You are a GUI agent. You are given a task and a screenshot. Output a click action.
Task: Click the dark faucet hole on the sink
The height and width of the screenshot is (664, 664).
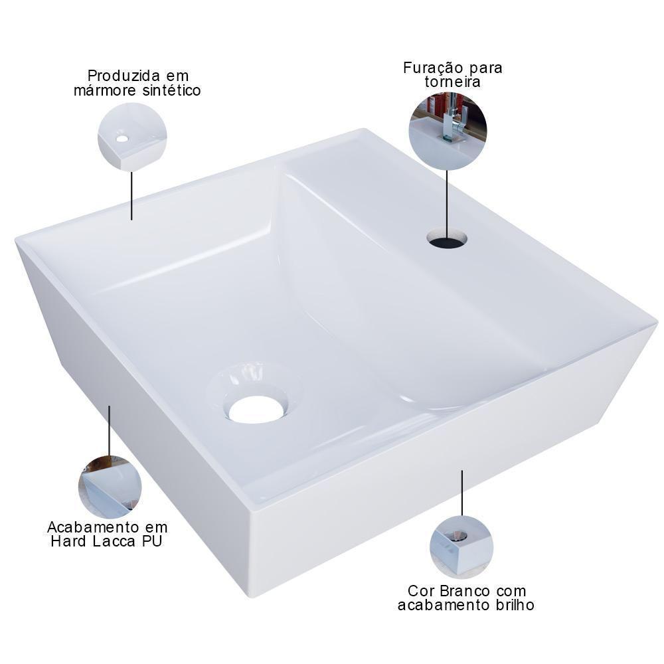[447, 238]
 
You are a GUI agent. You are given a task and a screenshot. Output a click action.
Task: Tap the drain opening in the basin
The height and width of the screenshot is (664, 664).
[256, 409]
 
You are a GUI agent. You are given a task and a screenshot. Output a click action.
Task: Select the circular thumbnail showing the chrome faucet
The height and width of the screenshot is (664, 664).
[448, 131]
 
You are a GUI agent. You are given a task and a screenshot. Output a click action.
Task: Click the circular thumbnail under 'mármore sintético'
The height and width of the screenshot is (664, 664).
[132, 137]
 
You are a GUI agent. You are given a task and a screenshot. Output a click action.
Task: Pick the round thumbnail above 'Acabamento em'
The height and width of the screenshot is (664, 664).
[110, 487]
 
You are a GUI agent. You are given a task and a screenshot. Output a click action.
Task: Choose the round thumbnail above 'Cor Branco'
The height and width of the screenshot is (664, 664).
[461, 546]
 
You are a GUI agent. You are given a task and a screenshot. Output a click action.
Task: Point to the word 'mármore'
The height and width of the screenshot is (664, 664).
[104, 90]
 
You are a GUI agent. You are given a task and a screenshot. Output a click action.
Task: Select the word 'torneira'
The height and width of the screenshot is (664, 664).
[454, 83]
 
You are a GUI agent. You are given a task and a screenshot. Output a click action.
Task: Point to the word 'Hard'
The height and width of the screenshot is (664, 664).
[71, 542]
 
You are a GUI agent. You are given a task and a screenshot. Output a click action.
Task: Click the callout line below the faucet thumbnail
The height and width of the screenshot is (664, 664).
[447, 199]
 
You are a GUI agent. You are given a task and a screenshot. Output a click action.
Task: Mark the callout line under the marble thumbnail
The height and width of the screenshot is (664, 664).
[131, 196]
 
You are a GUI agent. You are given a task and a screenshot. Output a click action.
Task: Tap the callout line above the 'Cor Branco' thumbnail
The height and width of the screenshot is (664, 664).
[462, 493]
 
